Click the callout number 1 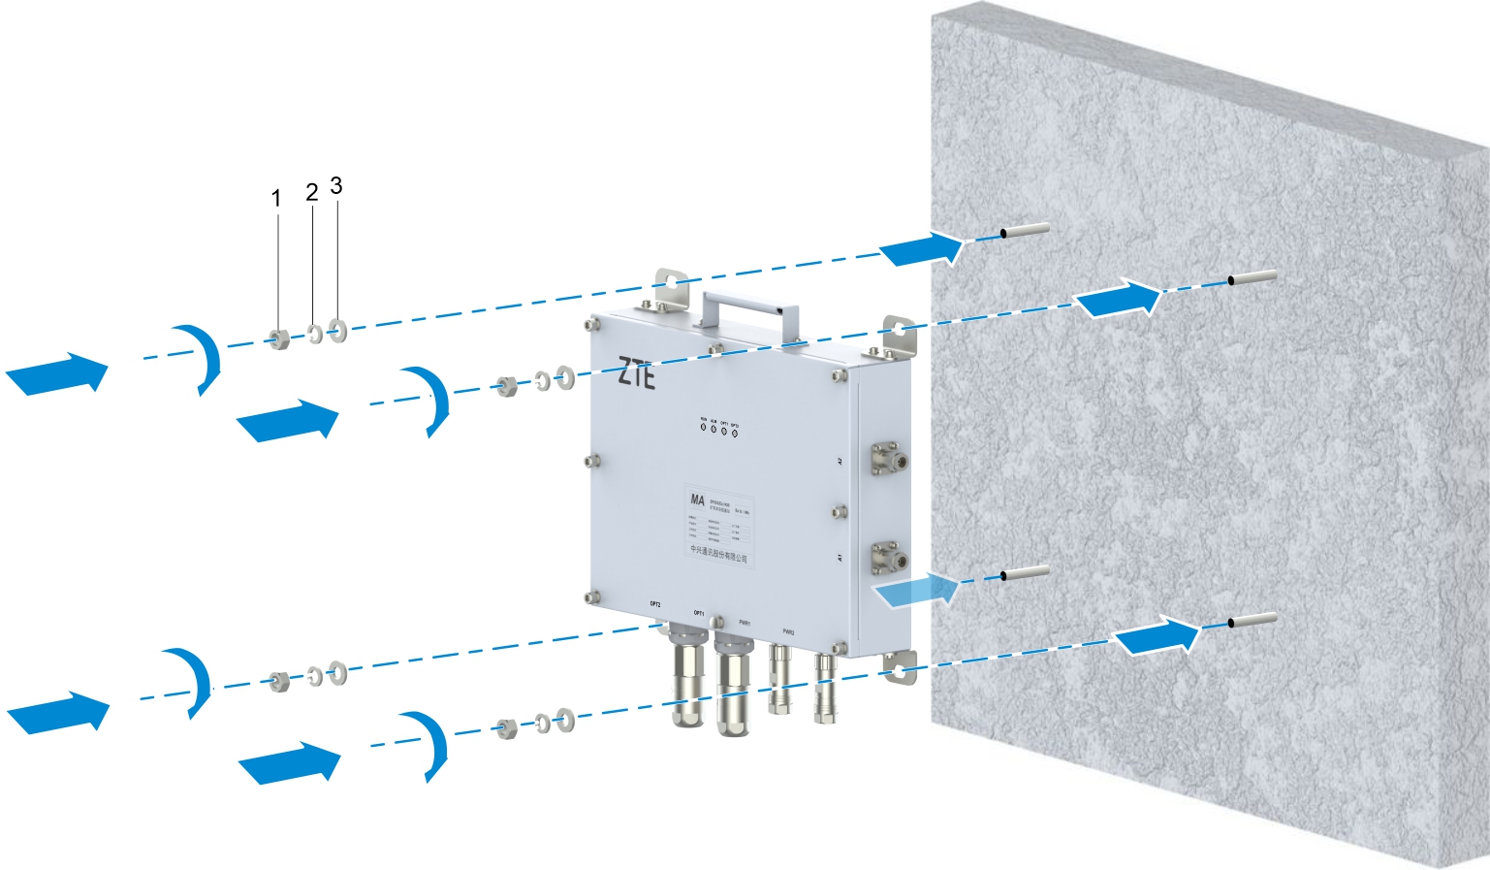tap(276, 199)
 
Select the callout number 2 tap(311, 192)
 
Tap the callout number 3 tap(336, 185)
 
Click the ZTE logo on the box tap(636, 373)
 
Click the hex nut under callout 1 tap(279, 339)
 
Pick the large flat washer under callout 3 tap(337, 331)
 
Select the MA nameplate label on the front tap(717, 525)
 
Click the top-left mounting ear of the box tap(668, 285)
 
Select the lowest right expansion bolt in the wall tap(1251, 619)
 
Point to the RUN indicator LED tap(703, 427)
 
